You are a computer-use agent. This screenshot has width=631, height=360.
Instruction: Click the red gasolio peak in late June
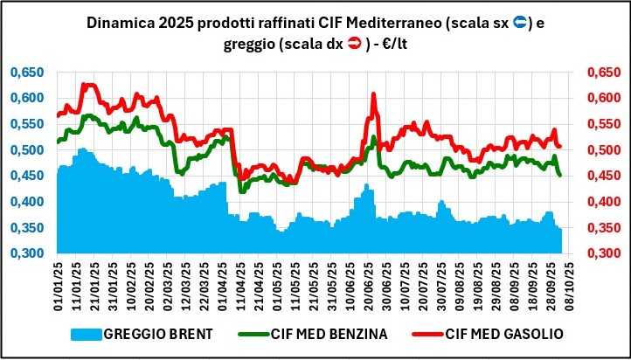tap(373, 93)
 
